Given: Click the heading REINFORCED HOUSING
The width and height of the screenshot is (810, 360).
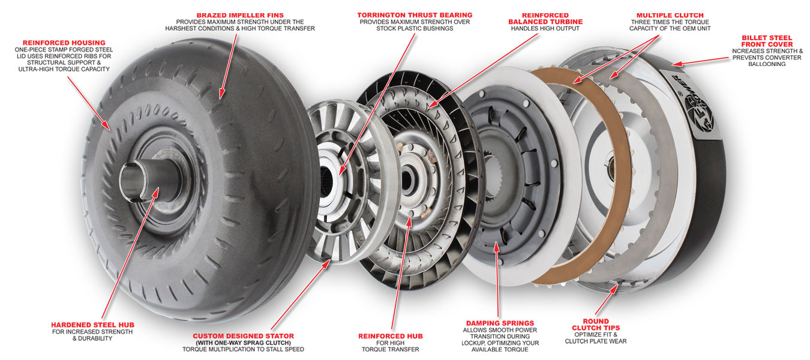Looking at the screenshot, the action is pyautogui.click(x=64, y=43).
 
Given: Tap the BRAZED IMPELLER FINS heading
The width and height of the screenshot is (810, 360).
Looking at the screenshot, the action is pyautogui.click(x=240, y=15).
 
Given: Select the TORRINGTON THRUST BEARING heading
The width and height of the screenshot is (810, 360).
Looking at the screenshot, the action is pyautogui.click(x=415, y=15).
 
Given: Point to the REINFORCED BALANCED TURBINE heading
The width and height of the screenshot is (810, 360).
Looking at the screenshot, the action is pyautogui.click(x=545, y=19).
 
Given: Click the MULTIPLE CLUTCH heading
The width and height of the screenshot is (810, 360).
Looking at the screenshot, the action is pyautogui.click(x=670, y=15).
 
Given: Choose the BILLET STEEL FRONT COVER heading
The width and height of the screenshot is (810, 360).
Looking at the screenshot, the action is pyautogui.click(x=767, y=41).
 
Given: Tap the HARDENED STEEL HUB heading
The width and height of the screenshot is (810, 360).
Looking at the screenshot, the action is pyautogui.click(x=92, y=325).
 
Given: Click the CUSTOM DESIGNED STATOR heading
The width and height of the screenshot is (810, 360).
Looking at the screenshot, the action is pyautogui.click(x=244, y=336).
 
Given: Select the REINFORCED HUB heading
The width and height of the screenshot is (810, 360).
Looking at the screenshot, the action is pyautogui.click(x=391, y=336).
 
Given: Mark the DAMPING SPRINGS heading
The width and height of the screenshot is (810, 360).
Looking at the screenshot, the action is pyautogui.click(x=500, y=323).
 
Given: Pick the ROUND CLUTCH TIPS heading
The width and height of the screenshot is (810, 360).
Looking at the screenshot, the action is pyautogui.click(x=596, y=325).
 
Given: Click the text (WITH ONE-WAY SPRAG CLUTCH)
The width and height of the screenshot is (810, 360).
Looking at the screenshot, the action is pyautogui.click(x=244, y=343).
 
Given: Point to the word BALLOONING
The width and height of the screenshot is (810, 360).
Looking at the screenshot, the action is pyautogui.click(x=767, y=64).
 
